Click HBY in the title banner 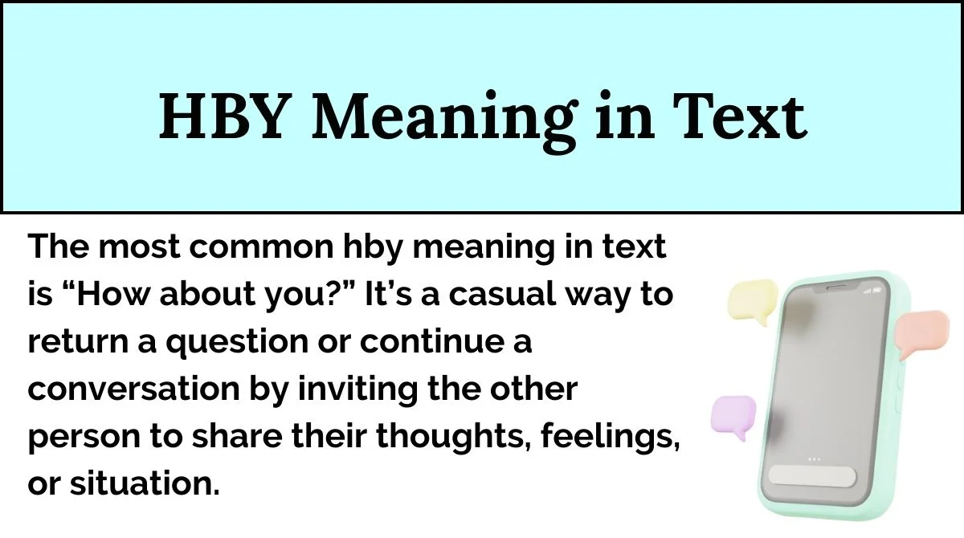click(223, 117)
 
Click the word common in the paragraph click(261, 247)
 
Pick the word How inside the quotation click(112, 294)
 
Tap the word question click(237, 343)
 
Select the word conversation click(134, 389)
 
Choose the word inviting click(357, 390)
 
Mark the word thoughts click(454, 436)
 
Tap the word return click(78, 341)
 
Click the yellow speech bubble click(753, 301)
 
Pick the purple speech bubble click(733, 416)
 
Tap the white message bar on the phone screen click(812, 476)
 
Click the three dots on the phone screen click(815, 459)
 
